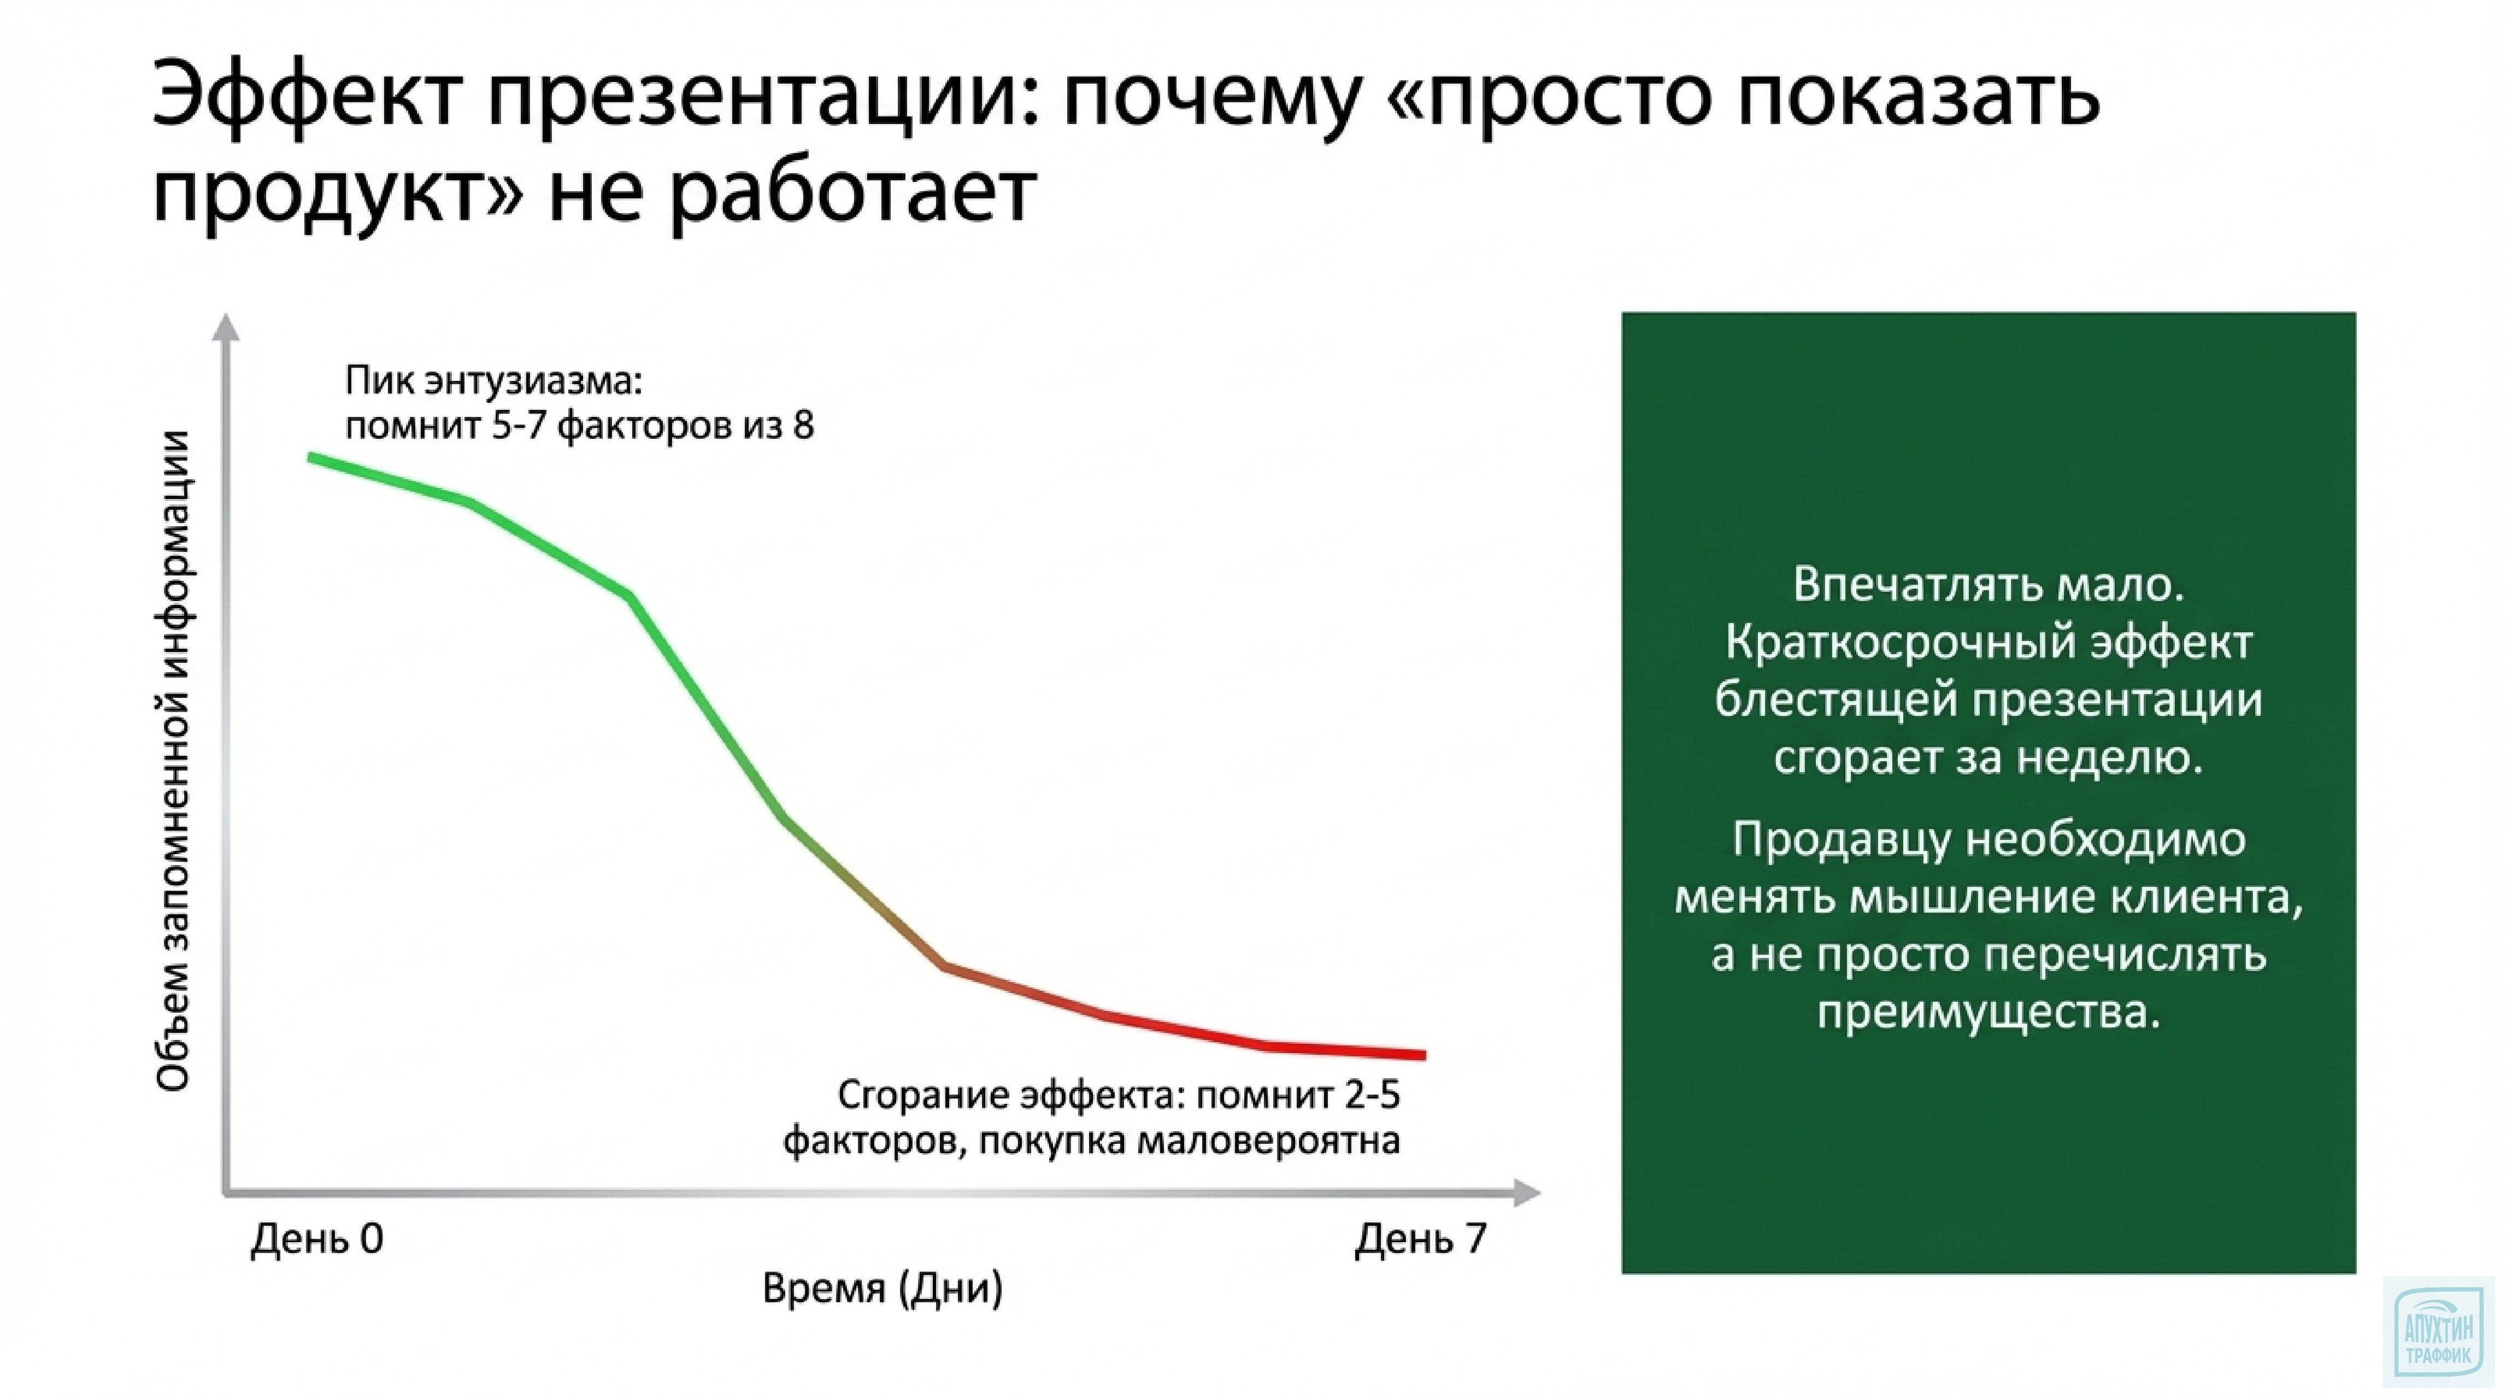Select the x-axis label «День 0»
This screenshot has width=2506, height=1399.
click(x=317, y=1238)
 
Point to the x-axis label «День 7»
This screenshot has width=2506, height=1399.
click(x=1420, y=1238)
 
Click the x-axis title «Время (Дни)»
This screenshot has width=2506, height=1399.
click(x=881, y=1288)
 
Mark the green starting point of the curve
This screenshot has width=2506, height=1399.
click(x=311, y=456)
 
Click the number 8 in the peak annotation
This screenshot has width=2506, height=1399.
click(x=803, y=426)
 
